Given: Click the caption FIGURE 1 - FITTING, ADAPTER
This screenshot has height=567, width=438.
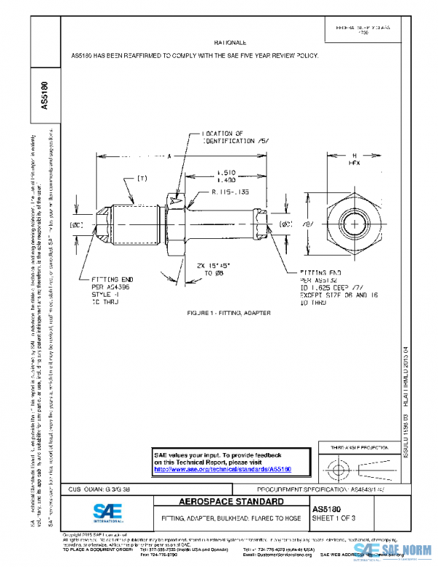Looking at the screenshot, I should tap(228, 313).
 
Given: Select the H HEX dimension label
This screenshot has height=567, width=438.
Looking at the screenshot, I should tap(354, 161).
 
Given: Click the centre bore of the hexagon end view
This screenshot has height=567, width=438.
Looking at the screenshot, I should tap(354, 223).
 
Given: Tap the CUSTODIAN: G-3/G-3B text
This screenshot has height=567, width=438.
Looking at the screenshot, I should tap(100, 487).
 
